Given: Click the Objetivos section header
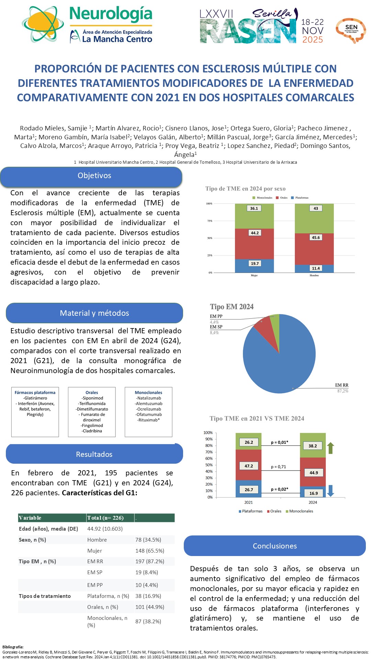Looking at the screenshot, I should (x=94, y=176).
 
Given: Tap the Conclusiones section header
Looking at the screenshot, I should (x=274, y=546).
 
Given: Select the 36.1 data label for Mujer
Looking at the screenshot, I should (x=254, y=208).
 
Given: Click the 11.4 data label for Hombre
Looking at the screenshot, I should (x=316, y=268).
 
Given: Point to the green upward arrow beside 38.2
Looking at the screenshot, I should (x=330, y=448).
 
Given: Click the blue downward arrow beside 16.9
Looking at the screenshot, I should (x=330, y=491).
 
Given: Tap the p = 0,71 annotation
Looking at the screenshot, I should (x=278, y=467).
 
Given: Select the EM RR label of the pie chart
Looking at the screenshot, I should (x=341, y=385).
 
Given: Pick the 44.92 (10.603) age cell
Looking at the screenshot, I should (x=105, y=529).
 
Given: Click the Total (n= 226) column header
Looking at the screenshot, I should (x=105, y=518).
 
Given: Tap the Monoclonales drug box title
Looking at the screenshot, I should (x=148, y=393).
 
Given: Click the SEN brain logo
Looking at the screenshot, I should (x=351, y=30).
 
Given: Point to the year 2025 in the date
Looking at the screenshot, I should (x=313, y=40).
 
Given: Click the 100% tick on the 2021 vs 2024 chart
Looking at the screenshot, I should (x=208, y=433).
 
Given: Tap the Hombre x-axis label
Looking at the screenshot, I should (x=314, y=275).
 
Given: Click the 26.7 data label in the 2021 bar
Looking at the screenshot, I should (x=249, y=490).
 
